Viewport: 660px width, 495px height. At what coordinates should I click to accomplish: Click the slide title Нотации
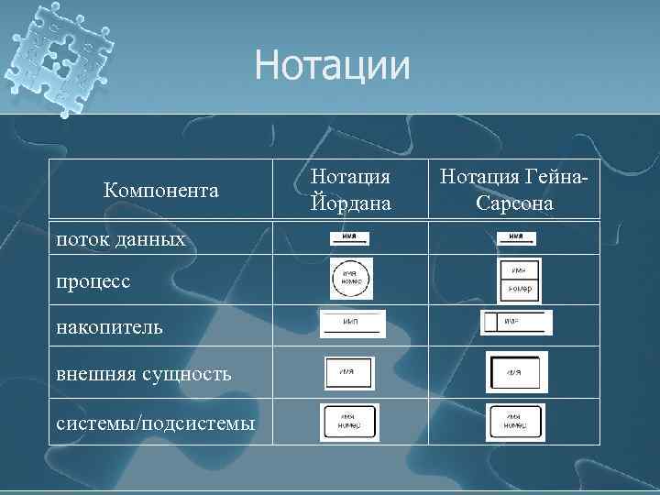pos(333,65)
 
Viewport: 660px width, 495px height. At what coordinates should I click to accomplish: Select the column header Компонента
pos(160,190)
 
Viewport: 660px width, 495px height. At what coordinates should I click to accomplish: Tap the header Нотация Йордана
pos(349,189)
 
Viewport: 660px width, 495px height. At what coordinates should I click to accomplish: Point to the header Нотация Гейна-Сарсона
pos(514,189)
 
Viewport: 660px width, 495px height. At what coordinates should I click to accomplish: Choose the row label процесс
pos(93,282)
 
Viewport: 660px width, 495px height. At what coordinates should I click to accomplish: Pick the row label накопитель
pos(110,326)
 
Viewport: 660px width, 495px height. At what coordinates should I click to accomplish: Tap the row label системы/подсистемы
pos(155,422)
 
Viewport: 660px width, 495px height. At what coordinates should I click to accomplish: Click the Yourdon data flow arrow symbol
pos(349,238)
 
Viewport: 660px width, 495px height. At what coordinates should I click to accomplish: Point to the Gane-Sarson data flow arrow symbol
pos(516,238)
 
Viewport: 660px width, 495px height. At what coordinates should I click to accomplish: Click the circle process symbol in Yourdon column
pos(351,280)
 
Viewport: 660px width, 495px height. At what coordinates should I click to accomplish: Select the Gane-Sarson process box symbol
pos(519,280)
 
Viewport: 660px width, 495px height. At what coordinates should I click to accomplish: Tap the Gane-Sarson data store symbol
pos(516,323)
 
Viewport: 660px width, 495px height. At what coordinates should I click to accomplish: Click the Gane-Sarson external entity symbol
pos(516,372)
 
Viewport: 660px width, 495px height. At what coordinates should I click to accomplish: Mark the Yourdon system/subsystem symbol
pos(349,423)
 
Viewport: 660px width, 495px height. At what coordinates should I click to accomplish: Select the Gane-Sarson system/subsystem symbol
pos(515,423)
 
